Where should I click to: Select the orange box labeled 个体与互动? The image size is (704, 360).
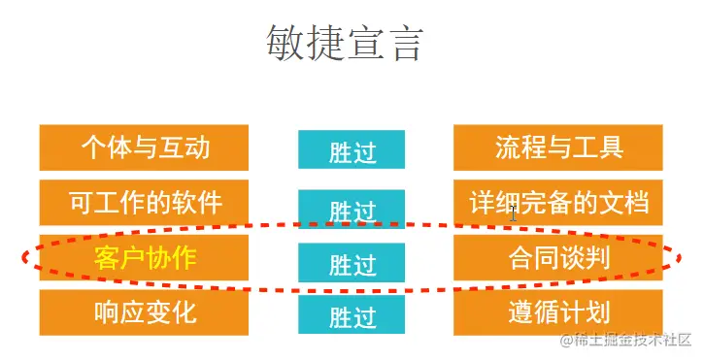click(145, 147)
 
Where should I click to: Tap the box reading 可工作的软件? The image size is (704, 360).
click(145, 203)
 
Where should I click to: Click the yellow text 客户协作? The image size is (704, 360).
click(145, 258)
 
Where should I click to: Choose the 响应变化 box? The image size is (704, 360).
click(145, 312)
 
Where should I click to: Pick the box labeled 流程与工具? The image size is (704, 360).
click(558, 147)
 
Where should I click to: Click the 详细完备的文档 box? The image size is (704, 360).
click(558, 203)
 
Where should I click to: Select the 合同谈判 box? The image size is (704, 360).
click(558, 258)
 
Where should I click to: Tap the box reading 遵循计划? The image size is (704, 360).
click(558, 312)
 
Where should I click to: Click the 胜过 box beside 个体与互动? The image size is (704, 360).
click(352, 151)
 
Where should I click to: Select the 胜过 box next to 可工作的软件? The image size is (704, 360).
click(352, 209)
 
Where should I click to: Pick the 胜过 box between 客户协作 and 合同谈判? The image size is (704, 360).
click(352, 262)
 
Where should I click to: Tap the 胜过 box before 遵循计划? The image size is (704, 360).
click(352, 315)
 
